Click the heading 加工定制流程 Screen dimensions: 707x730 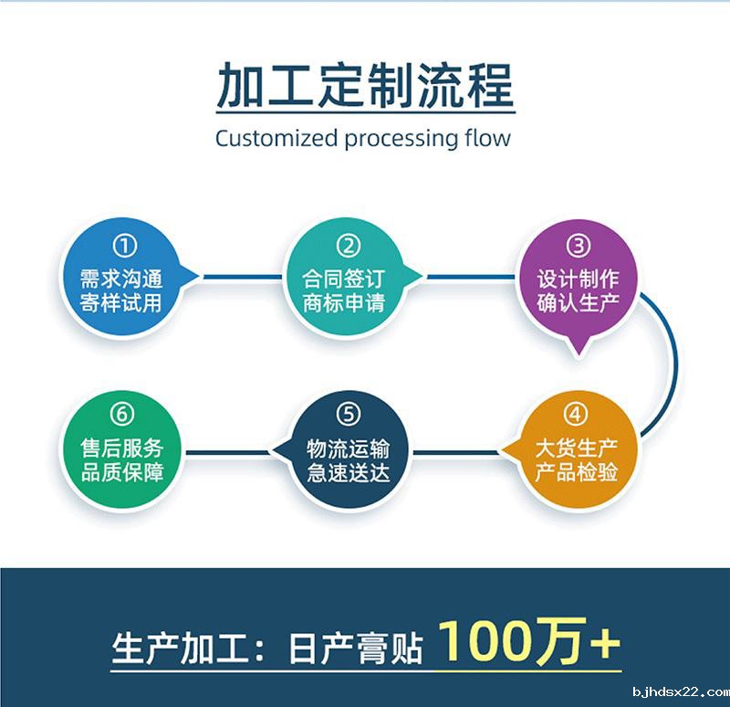[365, 87]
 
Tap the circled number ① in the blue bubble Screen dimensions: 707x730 [125, 246]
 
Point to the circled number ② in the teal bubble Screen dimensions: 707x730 [349, 246]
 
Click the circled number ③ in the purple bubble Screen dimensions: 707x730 [578, 246]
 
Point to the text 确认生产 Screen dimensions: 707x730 [578, 302]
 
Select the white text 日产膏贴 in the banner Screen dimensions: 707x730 [355, 649]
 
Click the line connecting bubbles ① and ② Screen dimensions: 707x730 [242, 276]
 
